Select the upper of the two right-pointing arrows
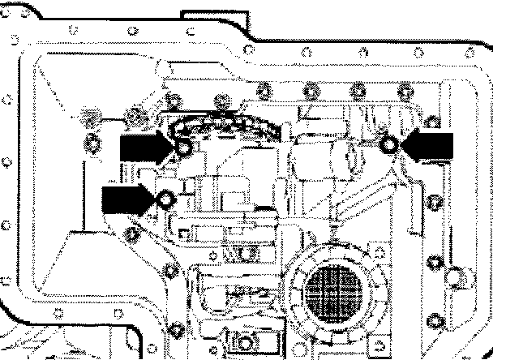click(x=147, y=148)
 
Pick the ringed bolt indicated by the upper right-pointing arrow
click(x=184, y=148)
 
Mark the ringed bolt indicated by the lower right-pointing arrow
click(x=166, y=198)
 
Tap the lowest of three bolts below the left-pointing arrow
click(x=435, y=323)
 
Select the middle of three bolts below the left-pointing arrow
click(x=435, y=263)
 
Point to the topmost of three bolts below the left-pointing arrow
click(x=435, y=200)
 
